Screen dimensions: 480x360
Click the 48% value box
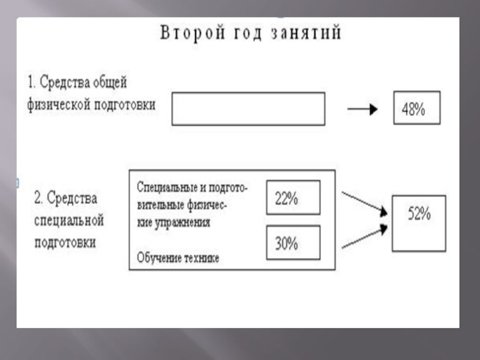click(416, 108)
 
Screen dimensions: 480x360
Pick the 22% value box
click(293, 197)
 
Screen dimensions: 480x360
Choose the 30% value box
click(293, 242)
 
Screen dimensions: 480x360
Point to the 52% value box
click(419, 223)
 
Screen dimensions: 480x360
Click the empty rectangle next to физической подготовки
click(248, 109)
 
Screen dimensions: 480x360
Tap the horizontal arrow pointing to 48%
click(362, 109)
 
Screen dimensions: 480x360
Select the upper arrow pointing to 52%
click(363, 202)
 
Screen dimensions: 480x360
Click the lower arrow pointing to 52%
click(363, 238)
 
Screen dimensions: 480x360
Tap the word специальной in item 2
click(69, 220)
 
